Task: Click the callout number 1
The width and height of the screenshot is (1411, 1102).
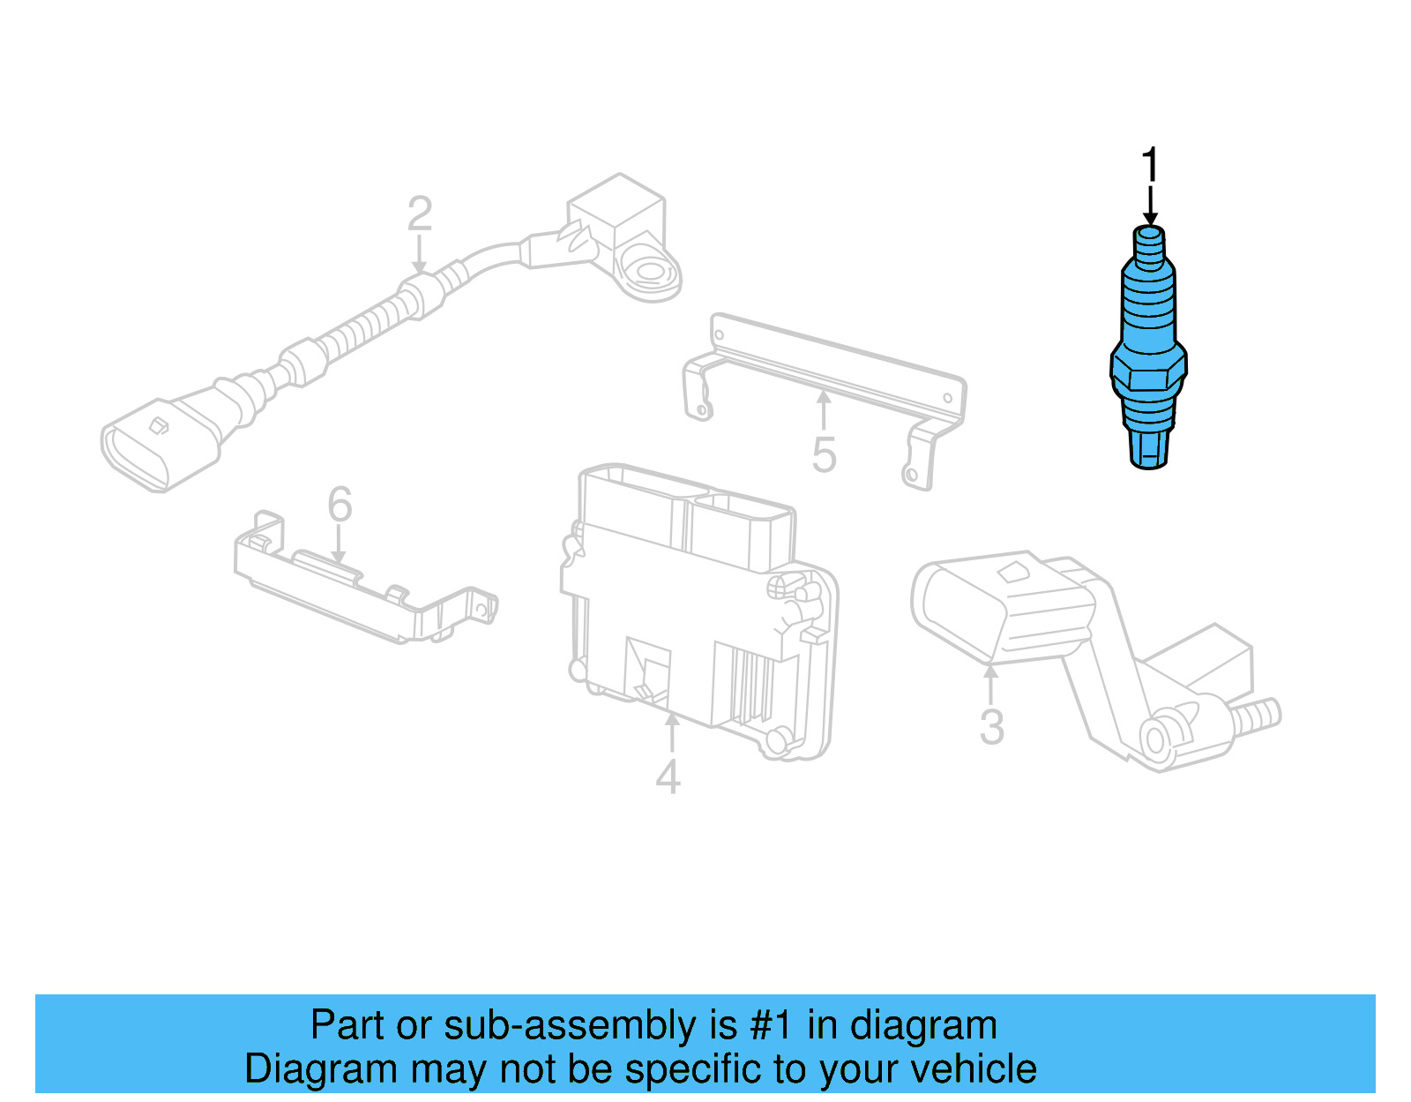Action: tap(1149, 166)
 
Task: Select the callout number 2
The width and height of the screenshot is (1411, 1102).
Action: tap(420, 214)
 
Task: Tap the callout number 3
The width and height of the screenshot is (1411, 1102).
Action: tap(992, 727)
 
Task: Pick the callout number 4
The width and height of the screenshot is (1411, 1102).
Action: tap(668, 776)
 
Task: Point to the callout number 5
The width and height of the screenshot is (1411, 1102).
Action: tap(824, 455)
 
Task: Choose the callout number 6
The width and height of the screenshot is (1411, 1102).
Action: tap(340, 505)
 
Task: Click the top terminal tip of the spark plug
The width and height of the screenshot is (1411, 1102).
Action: tap(1148, 235)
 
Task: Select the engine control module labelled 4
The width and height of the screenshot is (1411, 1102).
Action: tap(697, 609)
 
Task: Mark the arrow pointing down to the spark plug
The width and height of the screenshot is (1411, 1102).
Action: tap(1150, 206)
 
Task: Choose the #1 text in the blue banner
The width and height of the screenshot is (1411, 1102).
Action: tap(773, 1026)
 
